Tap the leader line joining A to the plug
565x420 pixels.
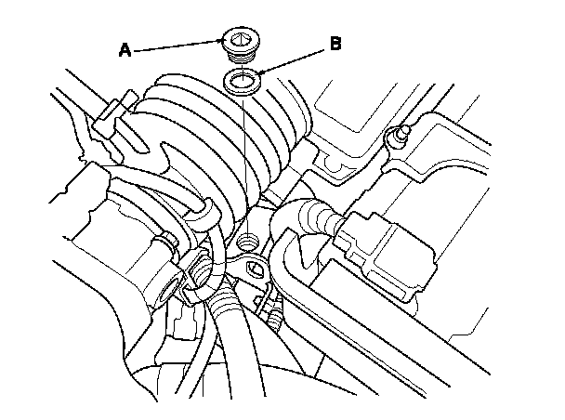click(x=177, y=46)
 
